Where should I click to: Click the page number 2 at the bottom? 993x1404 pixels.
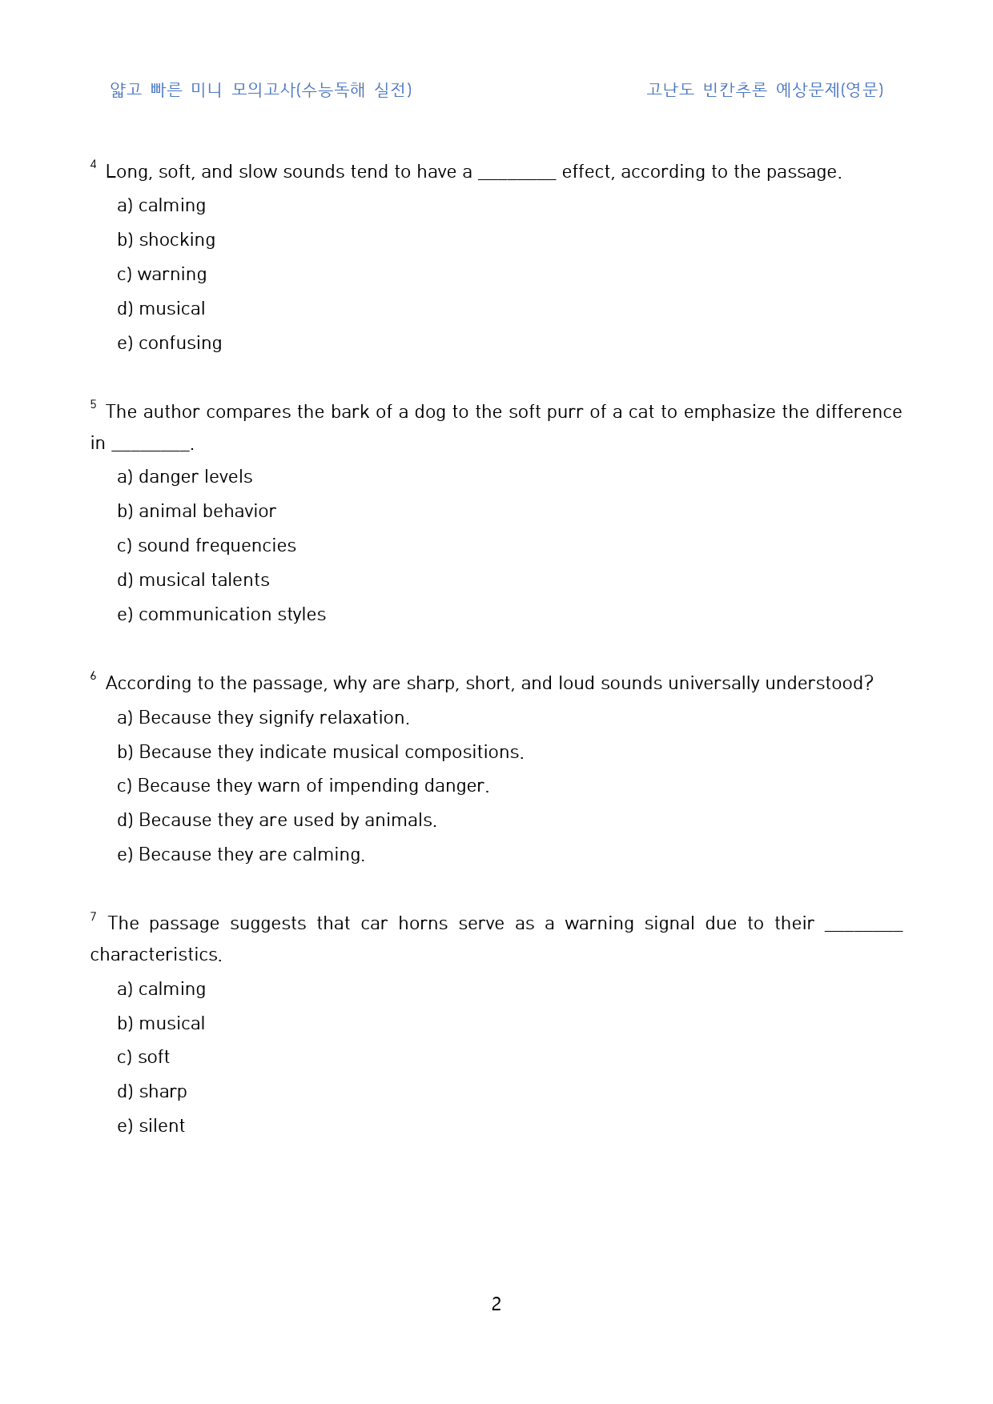(496, 1304)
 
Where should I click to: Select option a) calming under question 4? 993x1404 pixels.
(161, 206)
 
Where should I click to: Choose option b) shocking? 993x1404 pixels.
(166, 240)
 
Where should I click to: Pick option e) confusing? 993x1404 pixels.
(169, 343)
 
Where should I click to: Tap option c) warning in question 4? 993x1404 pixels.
(162, 275)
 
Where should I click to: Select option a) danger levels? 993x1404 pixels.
(184, 477)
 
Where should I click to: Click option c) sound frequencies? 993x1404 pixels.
(206, 546)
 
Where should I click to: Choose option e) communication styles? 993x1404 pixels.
(221, 615)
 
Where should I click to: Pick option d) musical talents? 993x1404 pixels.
(193, 580)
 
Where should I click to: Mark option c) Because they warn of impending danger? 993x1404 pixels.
(303, 786)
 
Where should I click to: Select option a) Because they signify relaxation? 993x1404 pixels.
(263, 718)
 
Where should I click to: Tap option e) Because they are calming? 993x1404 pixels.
(240, 855)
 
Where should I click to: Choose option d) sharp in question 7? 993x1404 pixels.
(152, 1092)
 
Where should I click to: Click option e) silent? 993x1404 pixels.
(151, 1126)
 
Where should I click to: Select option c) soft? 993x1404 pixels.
(143, 1057)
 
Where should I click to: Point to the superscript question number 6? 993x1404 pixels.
(93, 676)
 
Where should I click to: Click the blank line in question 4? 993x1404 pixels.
(517, 178)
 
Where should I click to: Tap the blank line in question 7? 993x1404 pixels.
(863, 929)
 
